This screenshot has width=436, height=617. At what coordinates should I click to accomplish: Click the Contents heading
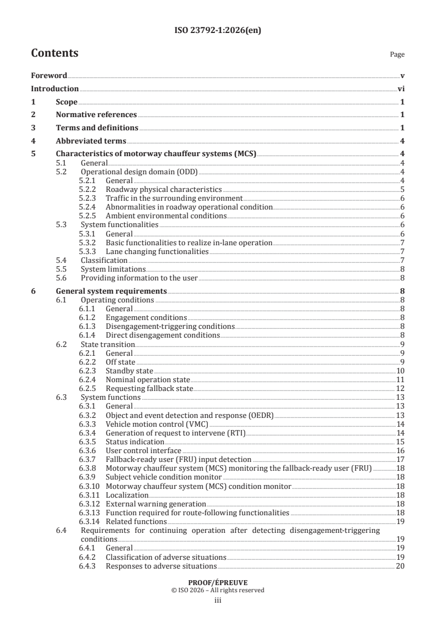(54, 53)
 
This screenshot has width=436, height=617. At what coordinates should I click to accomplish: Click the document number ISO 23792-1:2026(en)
(218, 31)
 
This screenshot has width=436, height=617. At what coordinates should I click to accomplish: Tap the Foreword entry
(49, 76)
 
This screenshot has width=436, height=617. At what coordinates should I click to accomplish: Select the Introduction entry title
(54, 89)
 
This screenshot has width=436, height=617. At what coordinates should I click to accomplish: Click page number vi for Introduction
(401, 89)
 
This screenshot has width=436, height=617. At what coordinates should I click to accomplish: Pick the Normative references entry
(96, 114)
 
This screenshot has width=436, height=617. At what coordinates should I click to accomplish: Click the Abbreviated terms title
(91, 140)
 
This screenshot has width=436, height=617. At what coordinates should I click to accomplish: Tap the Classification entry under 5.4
(104, 260)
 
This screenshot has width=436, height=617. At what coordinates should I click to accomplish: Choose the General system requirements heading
(112, 291)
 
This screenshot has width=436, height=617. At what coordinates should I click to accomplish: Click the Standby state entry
(129, 371)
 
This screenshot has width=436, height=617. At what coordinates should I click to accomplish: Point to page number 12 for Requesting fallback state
(401, 388)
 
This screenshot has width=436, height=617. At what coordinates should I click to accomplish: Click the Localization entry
(124, 495)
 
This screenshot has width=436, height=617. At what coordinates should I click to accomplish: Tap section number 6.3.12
(90, 504)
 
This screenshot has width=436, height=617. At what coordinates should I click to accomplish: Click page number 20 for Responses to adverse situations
(401, 566)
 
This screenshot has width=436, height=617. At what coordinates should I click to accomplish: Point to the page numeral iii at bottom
(218, 601)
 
